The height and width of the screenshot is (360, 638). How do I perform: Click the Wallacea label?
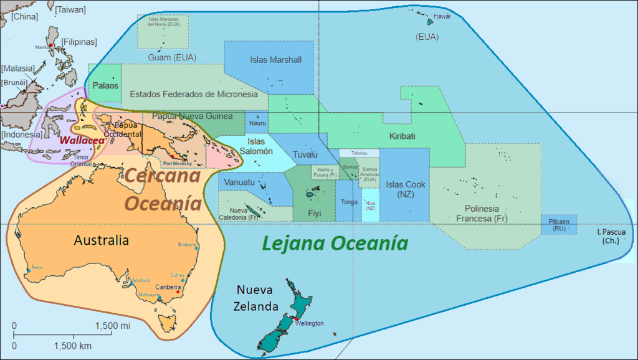pos(82,140)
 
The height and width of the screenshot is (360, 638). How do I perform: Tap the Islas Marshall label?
pos(275,60)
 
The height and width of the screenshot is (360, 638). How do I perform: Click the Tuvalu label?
pos(305,154)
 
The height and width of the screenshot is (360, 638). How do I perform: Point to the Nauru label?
pos(257,123)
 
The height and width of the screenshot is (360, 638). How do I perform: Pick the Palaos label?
pos(105,85)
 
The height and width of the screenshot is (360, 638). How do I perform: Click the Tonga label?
pos(350,202)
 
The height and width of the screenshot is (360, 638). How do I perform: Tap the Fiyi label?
pos(315,213)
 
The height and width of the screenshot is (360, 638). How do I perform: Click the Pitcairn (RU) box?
pos(558,225)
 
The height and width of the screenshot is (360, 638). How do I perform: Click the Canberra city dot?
pos(178,292)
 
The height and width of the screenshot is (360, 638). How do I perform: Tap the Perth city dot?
pos(28,271)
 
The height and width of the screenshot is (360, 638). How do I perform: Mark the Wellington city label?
pos(310,324)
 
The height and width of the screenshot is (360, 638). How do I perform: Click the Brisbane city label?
pos(188,244)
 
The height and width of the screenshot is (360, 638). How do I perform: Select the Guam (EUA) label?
pos(172,57)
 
